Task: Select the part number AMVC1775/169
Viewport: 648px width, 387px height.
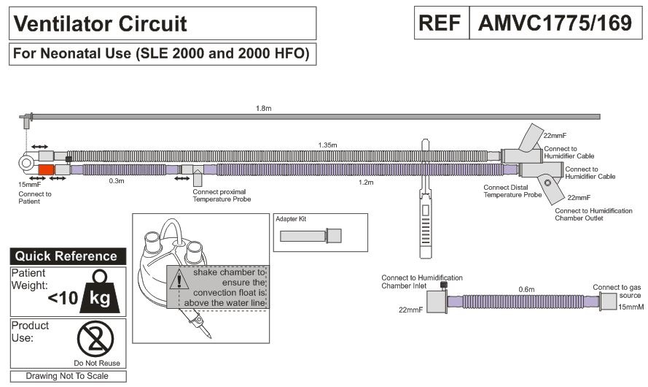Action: click(555, 23)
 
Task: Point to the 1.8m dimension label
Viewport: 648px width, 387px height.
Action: click(265, 109)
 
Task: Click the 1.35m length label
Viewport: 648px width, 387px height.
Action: click(327, 145)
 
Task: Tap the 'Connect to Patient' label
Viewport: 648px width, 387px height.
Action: click(34, 193)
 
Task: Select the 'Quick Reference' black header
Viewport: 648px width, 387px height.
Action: click(66, 256)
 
